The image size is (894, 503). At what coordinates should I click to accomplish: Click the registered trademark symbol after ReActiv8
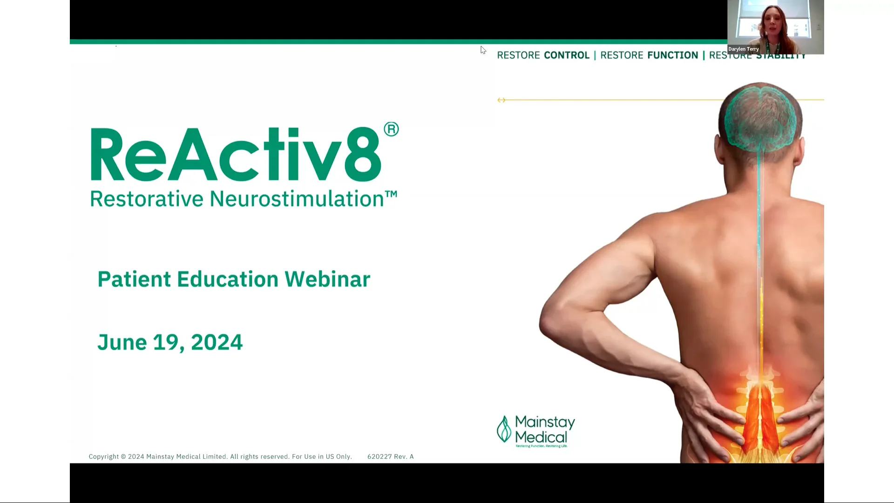click(391, 129)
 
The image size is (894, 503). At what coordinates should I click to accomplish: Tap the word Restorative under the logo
click(147, 199)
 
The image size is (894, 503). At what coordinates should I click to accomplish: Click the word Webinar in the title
click(327, 279)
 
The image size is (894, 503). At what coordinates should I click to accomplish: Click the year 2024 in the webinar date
click(217, 343)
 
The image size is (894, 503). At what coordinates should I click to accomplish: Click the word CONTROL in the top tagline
click(567, 55)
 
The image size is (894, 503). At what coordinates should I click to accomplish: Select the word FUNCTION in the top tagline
click(672, 55)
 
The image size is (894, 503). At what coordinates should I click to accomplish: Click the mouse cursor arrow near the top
click(483, 50)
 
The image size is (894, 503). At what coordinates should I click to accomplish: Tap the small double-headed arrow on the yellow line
click(501, 100)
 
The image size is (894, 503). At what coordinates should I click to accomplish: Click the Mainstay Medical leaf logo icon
click(504, 429)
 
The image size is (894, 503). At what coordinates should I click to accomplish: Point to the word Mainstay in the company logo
click(545, 422)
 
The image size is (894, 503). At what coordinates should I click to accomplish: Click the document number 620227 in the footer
click(379, 457)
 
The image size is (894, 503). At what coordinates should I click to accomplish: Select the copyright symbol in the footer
click(123, 457)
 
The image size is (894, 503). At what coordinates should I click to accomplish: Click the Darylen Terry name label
click(744, 49)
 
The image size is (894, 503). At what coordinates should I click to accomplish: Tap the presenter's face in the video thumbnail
click(773, 20)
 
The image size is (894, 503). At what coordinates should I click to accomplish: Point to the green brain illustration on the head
click(760, 116)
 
